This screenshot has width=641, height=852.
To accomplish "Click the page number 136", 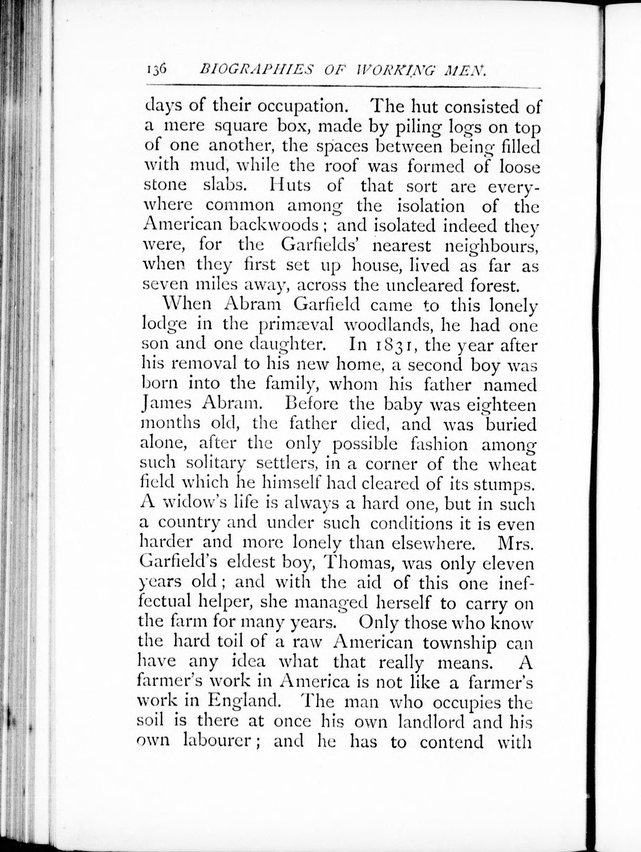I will pos(156,70).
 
